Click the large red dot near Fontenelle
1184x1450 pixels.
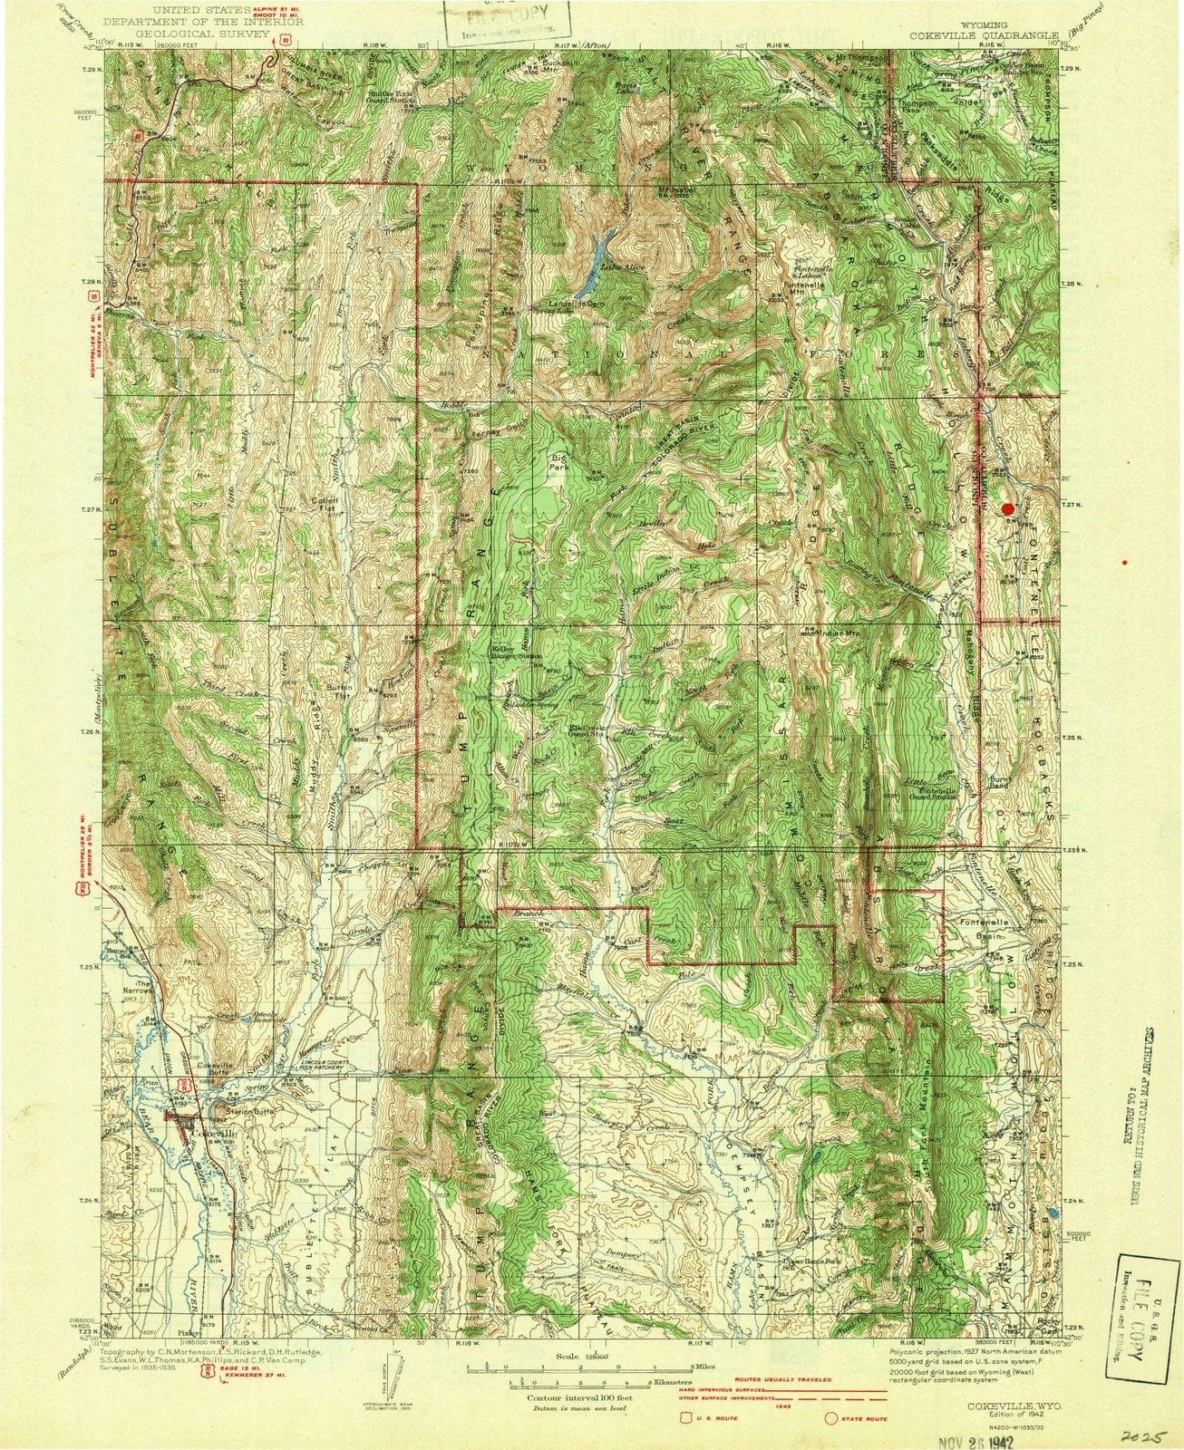pyautogui.click(x=1007, y=509)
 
